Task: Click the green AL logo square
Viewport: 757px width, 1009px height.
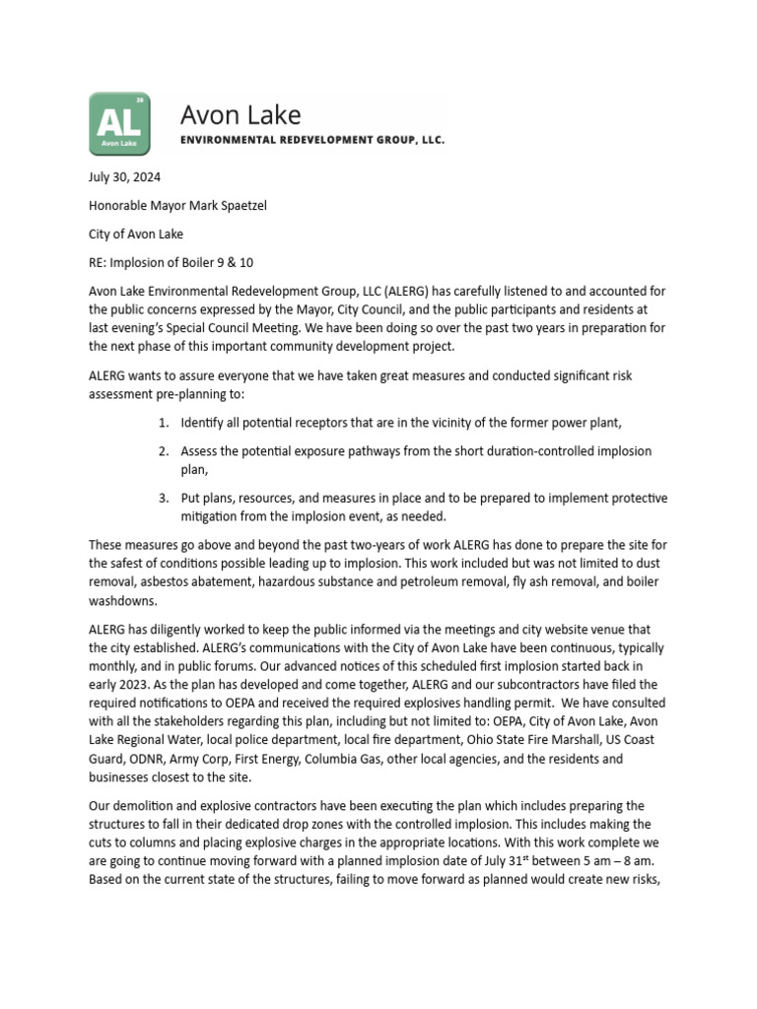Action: [120, 124]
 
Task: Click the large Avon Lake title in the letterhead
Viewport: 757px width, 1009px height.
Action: [241, 115]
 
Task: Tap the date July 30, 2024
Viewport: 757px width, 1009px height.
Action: [124, 178]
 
